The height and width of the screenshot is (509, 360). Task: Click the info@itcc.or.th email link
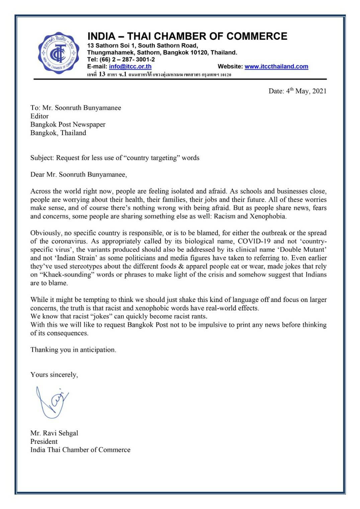130,67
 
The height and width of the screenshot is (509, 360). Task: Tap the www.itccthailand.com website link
276,67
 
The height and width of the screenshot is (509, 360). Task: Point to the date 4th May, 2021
297,91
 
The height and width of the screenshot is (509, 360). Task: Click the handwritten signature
52,402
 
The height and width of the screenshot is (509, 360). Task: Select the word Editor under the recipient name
39,116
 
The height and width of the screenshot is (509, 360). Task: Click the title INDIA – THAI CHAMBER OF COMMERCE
187,36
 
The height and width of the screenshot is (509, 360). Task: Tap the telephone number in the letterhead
121,60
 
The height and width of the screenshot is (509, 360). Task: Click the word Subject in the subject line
42,158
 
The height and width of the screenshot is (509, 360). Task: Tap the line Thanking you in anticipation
73,350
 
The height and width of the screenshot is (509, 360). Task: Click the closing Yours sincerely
54,375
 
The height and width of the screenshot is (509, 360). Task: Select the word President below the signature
44,441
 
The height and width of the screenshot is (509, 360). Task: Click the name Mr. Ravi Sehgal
54,433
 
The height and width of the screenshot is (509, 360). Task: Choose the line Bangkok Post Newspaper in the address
68,125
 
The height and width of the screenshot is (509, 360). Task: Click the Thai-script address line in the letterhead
159,74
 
